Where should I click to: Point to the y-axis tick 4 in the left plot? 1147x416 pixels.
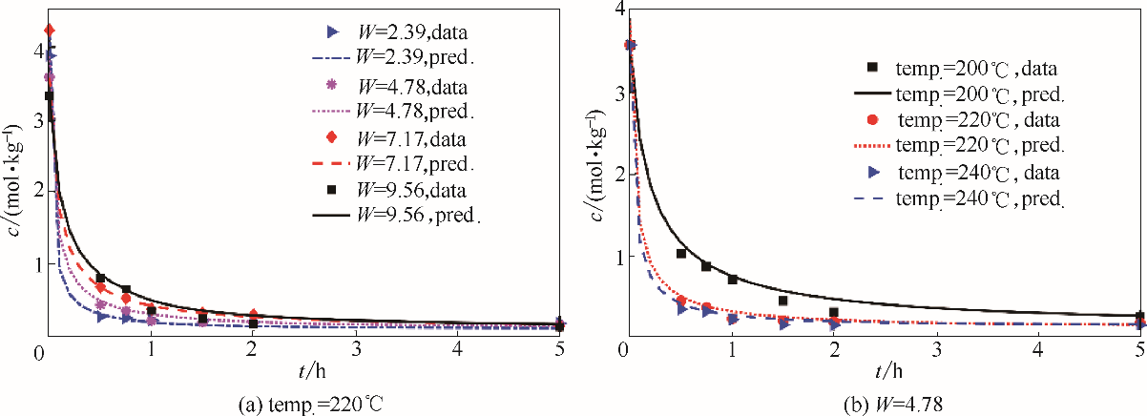tap(36, 44)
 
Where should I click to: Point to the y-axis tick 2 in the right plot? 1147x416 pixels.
tap(611, 176)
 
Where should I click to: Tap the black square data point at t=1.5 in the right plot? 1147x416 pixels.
tap(782, 301)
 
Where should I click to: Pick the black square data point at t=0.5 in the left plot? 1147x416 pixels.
tap(100, 278)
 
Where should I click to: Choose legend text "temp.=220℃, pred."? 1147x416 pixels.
tap(980, 145)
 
